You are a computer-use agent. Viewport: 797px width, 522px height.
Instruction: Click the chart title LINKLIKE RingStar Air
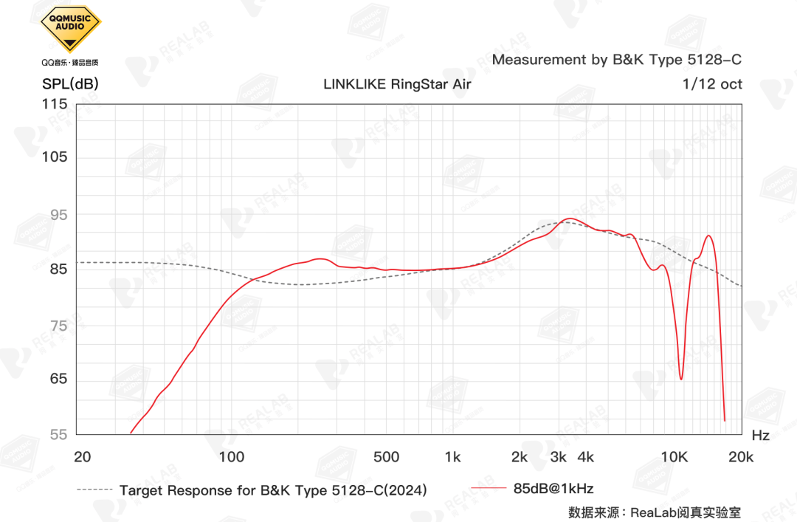click(x=397, y=84)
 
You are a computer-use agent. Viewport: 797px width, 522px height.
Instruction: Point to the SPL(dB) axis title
click(x=70, y=84)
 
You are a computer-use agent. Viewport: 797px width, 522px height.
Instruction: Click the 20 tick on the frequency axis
click(x=83, y=457)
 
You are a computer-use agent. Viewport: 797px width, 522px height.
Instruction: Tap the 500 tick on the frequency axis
click(x=386, y=457)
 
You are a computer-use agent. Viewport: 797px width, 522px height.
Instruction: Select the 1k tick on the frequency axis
click(x=453, y=457)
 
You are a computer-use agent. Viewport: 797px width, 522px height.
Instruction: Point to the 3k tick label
click(x=558, y=457)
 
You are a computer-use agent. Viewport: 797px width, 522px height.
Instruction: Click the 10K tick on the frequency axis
click(x=674, y=457)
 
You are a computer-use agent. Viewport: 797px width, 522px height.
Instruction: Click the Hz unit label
click(x=761, y=436)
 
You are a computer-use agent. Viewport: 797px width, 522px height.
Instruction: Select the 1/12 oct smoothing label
click(x=713, y=84)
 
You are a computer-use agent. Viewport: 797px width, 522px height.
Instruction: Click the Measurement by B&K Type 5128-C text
click(x=617, y=60)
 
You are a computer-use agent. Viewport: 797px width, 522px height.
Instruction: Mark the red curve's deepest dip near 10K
click(x=681, y=379)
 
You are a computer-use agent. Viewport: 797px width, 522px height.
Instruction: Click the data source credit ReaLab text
click(x=655, y=512)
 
